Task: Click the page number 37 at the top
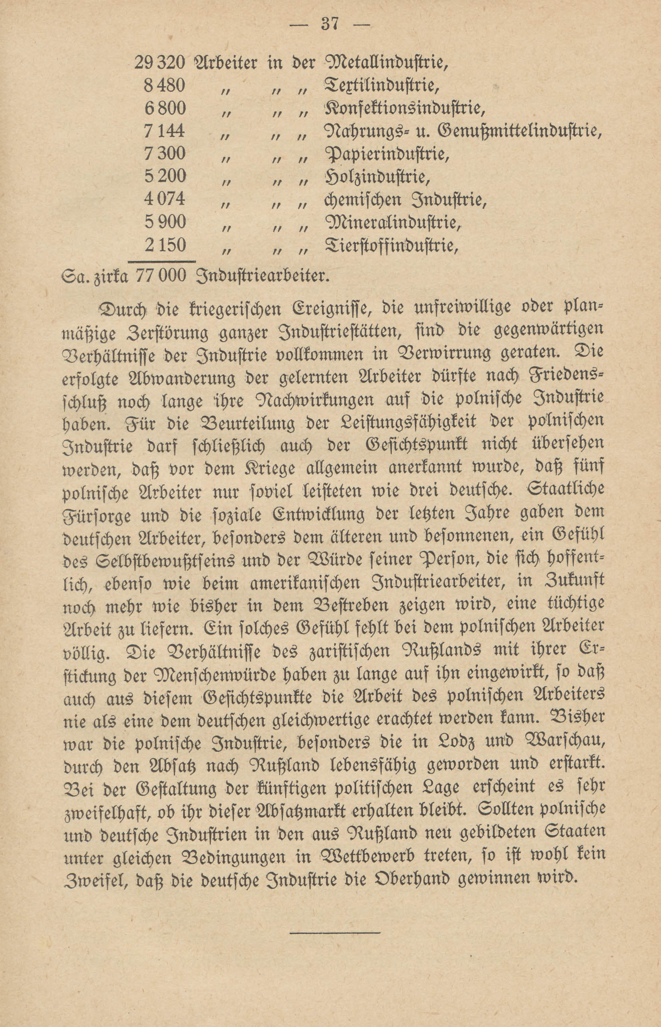[x=330, y=24]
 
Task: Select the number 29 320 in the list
[x=160, y=63]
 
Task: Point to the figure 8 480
[x=165, y=86]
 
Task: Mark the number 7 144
[x=165, y=131]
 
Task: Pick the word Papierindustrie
[x=387, y=154]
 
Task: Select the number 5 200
[x=165, y=176]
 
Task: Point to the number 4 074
[x=165, y=199]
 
